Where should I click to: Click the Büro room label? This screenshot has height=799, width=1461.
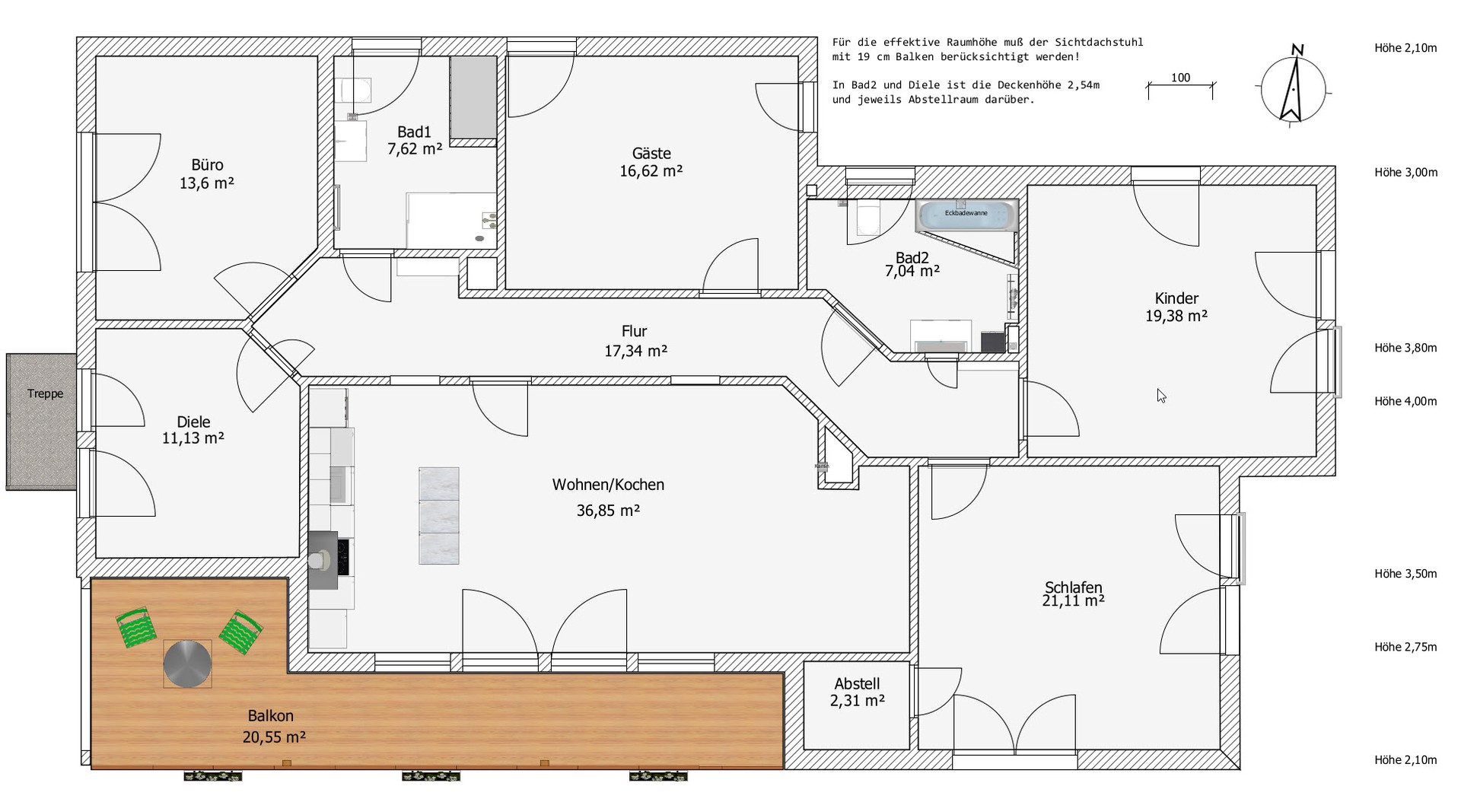coord(207,165)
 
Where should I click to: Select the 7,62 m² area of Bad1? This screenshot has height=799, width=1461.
coord(415,149)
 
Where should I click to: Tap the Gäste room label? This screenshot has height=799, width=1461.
coord(651,153)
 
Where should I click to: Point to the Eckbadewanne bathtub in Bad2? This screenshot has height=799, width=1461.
coord(966,215)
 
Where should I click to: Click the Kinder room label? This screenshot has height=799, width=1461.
coord(1176,298)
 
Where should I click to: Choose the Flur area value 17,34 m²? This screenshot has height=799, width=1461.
coord(636,351)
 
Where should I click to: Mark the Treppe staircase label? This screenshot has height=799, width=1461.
coord(46,393)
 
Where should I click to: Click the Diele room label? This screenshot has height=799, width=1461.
coord(193,422)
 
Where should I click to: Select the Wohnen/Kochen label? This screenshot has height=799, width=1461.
coord(608,485)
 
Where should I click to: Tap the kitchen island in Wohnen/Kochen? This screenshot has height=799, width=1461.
coord(439,516)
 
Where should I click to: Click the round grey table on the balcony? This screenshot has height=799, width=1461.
coord(188,664)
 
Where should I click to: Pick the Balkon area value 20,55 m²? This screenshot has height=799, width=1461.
coord(275,737)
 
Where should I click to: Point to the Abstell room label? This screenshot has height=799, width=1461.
coord(857,683)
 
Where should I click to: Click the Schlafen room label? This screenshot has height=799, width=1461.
coord(1074,587)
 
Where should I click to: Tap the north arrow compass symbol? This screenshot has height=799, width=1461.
coord(1293,86)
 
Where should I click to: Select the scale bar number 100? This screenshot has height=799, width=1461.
coord(1181,78)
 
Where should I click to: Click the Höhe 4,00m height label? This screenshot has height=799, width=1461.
coord(1405,401)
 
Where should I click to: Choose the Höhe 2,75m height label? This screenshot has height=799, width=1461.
coord(1405,647)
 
